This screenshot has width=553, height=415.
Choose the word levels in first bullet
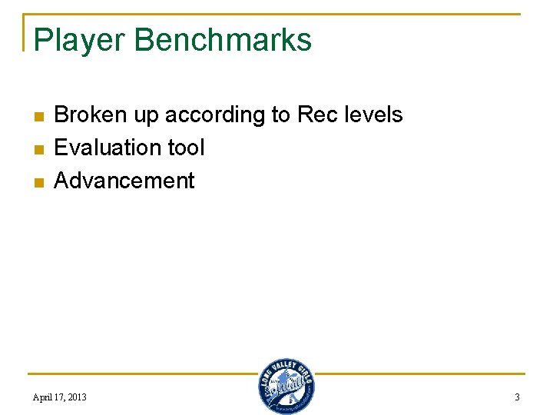point(372,115)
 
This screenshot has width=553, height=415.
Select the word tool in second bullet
point(187,148)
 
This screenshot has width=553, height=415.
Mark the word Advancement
point(124,181)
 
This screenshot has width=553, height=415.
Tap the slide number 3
point(517,397)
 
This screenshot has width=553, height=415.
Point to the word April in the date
point(43,397)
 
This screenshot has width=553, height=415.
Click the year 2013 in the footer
point(76,397)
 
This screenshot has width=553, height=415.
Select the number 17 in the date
point(59,397)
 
